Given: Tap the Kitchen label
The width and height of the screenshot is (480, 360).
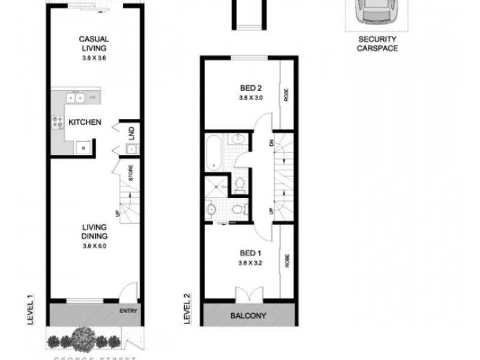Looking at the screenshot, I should [x=85, y=122].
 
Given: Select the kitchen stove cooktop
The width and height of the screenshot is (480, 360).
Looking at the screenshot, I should [x=58, y=122].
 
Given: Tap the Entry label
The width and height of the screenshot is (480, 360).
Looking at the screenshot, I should [x=128, y=311].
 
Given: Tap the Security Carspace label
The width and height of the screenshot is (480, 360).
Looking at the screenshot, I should [x=378, y=44].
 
